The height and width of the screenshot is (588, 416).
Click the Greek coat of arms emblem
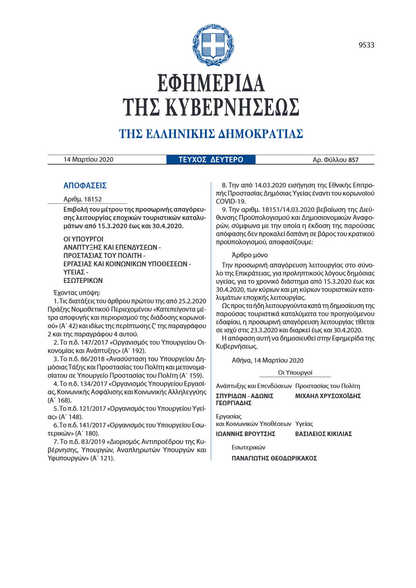tap(210, 45)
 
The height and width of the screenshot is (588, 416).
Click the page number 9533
tap(366, 45)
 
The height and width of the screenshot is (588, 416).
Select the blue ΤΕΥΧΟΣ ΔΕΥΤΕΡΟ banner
tap(211, 160)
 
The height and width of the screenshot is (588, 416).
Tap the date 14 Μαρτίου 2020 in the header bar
tap(88, 160)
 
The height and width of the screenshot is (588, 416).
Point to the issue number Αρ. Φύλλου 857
tap(335, 160)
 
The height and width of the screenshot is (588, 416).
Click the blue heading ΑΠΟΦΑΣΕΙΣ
tap(85, 186)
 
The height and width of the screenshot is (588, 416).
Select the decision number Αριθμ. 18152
tap(82, 199)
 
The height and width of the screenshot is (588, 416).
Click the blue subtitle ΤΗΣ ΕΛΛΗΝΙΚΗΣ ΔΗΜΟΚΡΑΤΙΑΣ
tap(211, 134)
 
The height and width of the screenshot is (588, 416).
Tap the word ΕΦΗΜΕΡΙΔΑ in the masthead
tap(211, 84)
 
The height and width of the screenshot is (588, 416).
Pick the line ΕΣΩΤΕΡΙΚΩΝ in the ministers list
tap(83, 280)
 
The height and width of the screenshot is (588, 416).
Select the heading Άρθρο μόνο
tap(250, 255)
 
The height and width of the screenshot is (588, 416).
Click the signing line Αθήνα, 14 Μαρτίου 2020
tap(267, 360)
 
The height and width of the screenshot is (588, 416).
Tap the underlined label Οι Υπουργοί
tap(295, 373)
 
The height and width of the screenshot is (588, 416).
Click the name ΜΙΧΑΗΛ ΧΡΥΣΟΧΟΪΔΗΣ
tap(328, 396)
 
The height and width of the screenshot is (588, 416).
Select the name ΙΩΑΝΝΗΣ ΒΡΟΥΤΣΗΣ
tap(245, 434)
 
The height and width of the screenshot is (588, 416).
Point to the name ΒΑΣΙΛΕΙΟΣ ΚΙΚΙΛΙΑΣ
tap(323, 434)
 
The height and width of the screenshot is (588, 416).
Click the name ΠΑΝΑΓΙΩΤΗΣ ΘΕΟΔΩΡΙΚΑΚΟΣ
tap(274, 458)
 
